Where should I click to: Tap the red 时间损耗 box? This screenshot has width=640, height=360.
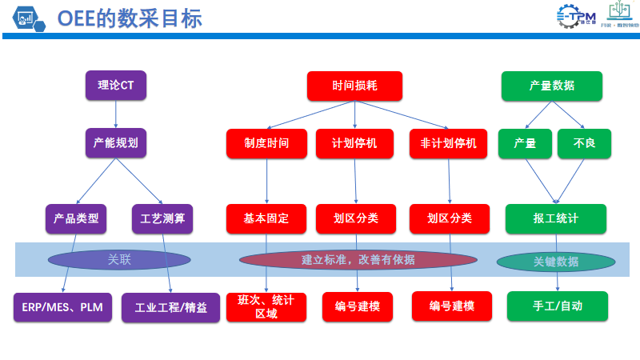[x=354, y=86]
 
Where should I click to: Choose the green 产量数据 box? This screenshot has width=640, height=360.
[x=551, y=86]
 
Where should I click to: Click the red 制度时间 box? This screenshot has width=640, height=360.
[x=266, y=144]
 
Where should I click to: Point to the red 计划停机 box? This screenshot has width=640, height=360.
[x=354, y=144]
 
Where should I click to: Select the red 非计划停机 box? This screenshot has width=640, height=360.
[x=448, y=144]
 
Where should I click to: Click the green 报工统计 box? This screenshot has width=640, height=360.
[x=555, y=218]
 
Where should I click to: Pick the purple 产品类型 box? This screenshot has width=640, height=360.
[x=76, y=218]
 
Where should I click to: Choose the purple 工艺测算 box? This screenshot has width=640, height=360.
[x=162, y=218]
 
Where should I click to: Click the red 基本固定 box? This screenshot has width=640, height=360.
[x=266, y=218]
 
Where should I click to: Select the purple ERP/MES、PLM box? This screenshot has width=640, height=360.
[x=62, y=307]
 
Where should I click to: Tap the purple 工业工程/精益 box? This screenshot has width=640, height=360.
[x=170, y=307]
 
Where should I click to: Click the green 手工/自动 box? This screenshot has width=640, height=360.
[x=557, y=306]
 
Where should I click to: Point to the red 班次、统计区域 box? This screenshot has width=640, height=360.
[x=266, y=306]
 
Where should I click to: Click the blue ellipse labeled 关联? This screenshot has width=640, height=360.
[x=119, y=259]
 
